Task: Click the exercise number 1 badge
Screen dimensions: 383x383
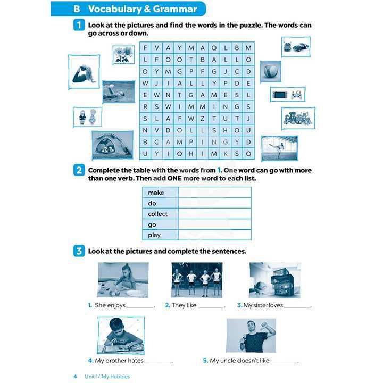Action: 79,25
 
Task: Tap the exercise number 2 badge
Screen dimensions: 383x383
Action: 79,170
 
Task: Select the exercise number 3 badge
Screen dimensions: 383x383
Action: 79,251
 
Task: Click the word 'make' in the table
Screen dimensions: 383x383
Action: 156,193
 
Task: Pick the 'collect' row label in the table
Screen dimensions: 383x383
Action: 157,214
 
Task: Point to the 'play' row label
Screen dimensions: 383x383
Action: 154,235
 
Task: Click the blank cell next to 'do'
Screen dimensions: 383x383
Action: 214,203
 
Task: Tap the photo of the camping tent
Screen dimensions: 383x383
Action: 113,145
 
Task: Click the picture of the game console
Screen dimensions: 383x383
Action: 287,95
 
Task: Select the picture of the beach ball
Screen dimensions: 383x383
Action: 270,71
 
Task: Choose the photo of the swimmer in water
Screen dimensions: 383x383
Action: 118,92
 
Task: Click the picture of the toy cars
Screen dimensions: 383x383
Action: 295,47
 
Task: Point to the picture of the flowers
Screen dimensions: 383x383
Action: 123,55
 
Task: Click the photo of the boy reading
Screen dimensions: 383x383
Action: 121,335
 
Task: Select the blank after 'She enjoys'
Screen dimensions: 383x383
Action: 140,306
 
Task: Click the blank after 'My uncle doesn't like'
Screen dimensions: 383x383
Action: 285,361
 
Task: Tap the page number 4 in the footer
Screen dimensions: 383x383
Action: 75,377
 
